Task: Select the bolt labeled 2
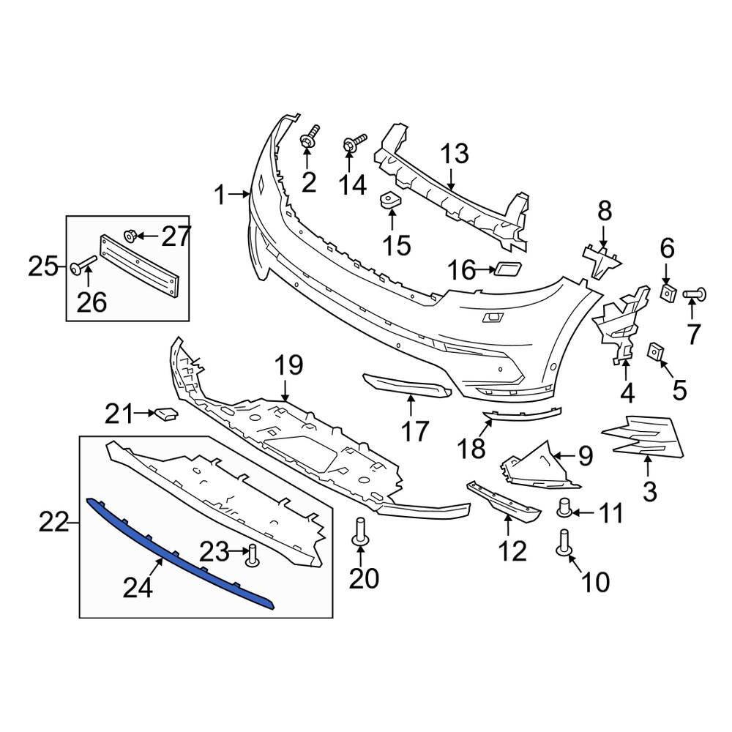(x=310, y=138)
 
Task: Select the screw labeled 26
(x=82, y=268)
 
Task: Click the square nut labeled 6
(x=668, y=293)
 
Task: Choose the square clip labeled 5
(x=655, y=353)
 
